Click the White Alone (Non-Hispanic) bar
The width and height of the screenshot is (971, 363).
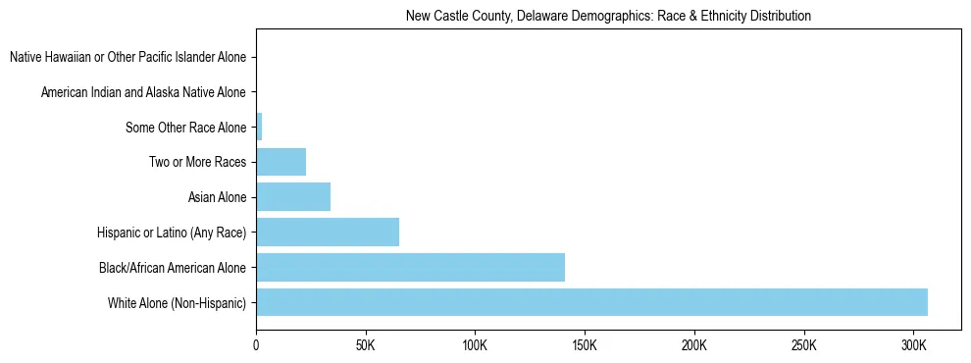point(591,302)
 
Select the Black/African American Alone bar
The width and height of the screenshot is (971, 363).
point(410,267)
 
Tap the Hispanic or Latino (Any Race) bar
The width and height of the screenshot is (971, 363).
point(328,232)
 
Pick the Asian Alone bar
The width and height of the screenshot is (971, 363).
point(293,197)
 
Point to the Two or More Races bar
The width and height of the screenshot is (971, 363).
point(281,162)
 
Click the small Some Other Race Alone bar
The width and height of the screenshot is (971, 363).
point(259,127)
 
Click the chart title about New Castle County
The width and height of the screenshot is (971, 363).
point(608,17)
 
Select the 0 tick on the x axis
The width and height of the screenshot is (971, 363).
point(257,346)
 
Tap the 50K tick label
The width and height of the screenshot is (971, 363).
point(366,346)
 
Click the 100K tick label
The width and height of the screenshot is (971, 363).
point(475,346)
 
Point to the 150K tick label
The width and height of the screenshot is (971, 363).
point(585,346)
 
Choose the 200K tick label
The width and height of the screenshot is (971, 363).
point(694,346)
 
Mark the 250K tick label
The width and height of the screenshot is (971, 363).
point(803,346)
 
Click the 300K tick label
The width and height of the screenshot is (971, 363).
point(913,346)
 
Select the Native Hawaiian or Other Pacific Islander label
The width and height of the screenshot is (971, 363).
point(128,58)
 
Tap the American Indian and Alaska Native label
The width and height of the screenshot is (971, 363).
point(143,92)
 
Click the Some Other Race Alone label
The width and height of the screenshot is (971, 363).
point(185,128)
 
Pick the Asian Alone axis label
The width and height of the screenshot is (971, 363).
point(217,197)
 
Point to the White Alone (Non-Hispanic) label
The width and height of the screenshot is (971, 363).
point(177,303)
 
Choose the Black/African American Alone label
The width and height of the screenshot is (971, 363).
point(173,268)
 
